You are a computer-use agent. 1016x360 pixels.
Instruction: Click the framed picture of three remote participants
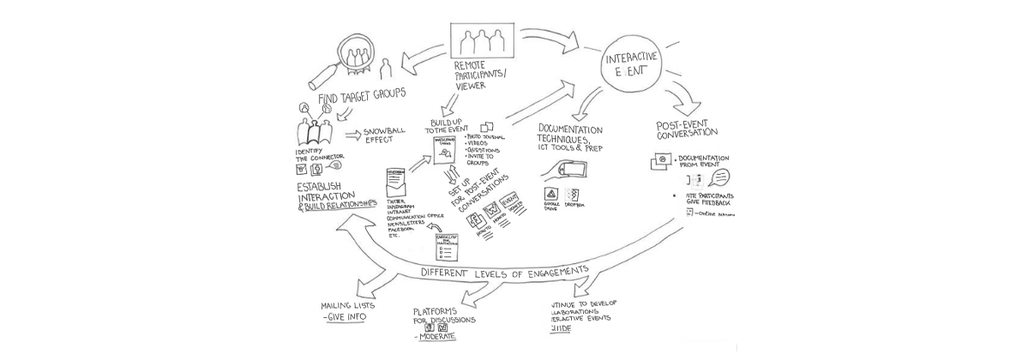(482, 39)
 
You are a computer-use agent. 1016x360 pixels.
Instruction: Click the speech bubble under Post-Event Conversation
(722, 177)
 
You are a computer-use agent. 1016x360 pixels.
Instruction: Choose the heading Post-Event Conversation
(687, 129)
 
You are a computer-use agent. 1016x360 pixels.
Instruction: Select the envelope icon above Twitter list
(395, 181)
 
